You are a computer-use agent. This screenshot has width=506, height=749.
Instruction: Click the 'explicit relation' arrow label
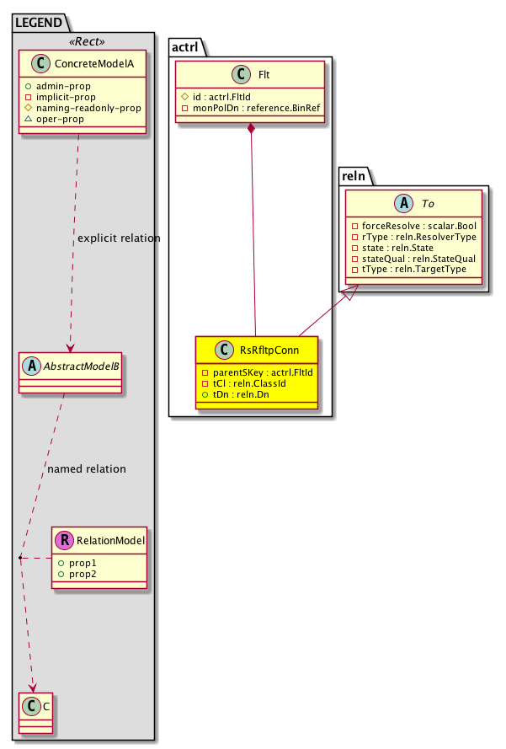[118, 238]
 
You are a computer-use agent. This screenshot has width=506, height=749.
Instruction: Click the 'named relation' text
[87, 468]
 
